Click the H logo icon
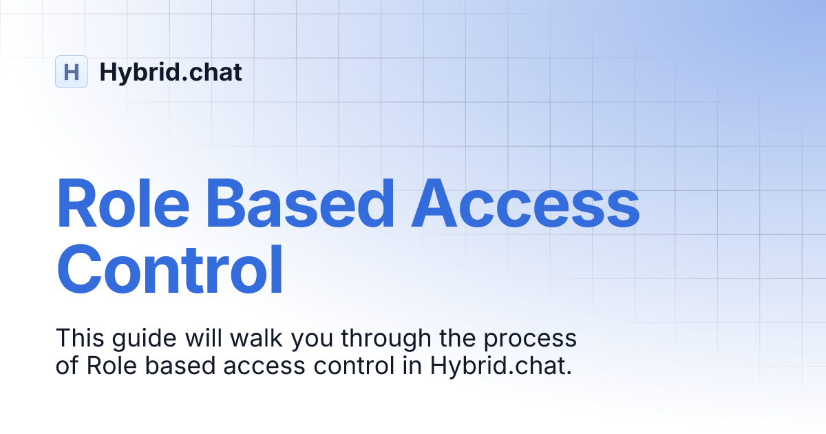pyautogui.click(x=72, y=72)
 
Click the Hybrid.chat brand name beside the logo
pyautogui.click(x=171, y=72)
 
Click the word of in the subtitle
pyautogui.click(x=67, y=366)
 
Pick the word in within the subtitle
pyautogui.click(x=407, y=366)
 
